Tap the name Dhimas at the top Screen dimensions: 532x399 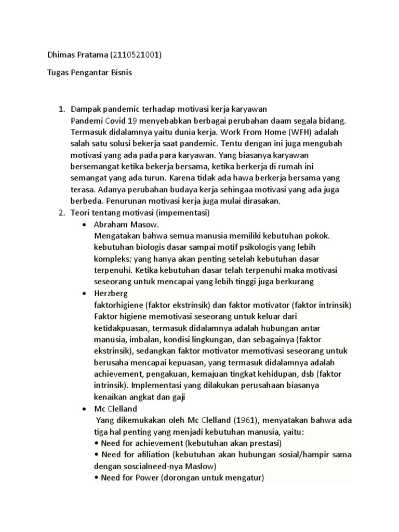coord(56,56)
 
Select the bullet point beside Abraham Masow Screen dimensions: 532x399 coord(85,224)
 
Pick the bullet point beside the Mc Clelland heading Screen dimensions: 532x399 coord(85,409)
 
